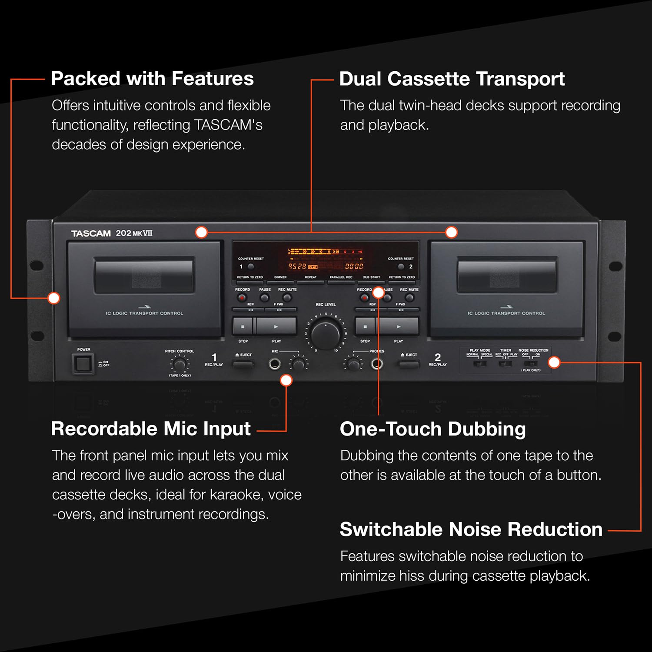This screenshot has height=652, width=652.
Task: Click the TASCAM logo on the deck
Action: click(91, 233)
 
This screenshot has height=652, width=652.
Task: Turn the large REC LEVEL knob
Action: click(326, 333)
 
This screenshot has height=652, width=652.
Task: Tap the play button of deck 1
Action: click(276, 326)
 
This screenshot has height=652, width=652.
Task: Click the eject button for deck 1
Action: click(243, 364)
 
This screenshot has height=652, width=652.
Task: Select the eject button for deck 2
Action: click(409, 364)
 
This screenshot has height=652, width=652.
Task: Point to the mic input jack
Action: click(274, 364)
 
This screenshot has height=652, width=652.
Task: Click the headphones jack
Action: click(377, 364)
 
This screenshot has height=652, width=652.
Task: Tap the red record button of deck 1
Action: click(242, 298)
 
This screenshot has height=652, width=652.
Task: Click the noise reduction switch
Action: click(531, 363)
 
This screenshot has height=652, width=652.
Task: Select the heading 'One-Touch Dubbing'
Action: click(432, 429)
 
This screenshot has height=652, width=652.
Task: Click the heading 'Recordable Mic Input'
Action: click(150, 429)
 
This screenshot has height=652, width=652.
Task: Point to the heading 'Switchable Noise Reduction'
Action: click(471, 530)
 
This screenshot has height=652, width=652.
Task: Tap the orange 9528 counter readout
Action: click(298, 266)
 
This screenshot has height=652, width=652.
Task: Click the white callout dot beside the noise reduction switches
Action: click(554, 362)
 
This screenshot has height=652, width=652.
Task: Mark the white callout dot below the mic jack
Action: click(286, 380)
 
